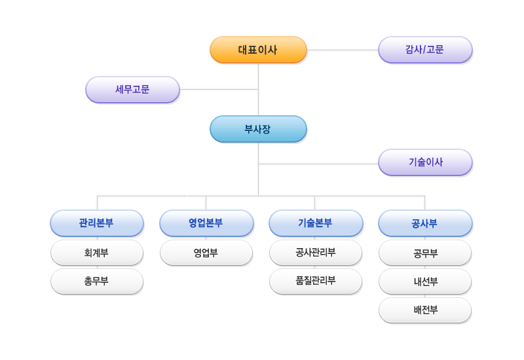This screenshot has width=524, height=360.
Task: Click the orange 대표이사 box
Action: pos(258,50)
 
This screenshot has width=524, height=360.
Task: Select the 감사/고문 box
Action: pos(425,50)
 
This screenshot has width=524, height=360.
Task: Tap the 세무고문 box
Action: pos(133,90)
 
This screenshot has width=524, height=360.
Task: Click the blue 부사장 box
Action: pos(258,129)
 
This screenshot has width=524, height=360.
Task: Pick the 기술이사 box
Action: pos(425,162)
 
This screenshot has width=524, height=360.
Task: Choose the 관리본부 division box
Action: pos(97,223)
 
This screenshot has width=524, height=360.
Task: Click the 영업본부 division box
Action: pos(206,223)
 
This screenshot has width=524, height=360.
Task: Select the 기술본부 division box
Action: pos(316,223)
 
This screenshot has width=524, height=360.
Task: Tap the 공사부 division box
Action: pos(425,223)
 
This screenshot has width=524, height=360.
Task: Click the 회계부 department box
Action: pos(97,253)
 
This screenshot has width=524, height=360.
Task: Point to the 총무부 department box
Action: pos(97,281)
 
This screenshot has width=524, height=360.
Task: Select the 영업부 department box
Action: pos(206,253)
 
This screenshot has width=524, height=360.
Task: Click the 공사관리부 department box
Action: pos(316,253)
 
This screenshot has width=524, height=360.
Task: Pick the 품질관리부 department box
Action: pos(316,281)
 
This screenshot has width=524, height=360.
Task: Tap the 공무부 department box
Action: pos(425,253)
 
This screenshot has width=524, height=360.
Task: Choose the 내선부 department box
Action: pos(425,281)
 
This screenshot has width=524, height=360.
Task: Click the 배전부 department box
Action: pos(425,310)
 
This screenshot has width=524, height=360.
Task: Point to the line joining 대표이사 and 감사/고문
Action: pos(343,50)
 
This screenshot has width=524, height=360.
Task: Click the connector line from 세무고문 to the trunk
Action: pos(219,90)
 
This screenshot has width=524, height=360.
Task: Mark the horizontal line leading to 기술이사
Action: pos(318,164)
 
